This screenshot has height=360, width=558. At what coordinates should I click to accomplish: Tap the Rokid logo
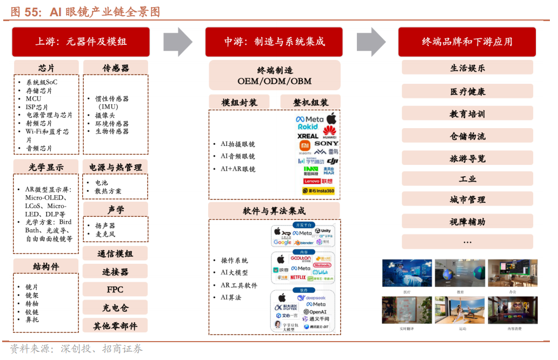pos(308,127)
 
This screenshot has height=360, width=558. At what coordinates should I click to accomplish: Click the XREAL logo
pos(308,136)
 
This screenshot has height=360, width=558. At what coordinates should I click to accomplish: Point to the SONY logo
pos(327,143)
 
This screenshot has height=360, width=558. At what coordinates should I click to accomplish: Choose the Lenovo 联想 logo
pos(318,181)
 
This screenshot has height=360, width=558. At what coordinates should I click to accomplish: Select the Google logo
pos(282,242)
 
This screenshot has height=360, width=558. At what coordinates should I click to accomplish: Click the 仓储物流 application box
pos(467,136)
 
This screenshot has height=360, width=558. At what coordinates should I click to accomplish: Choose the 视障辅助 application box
pos(467,222)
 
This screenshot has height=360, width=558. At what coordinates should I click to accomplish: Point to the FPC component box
pos(115,290)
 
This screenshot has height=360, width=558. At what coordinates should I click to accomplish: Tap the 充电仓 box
pos(115,308)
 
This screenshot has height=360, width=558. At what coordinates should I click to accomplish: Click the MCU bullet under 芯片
pos(33,99)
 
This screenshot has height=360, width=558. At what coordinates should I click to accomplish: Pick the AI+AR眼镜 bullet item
pos(237,169)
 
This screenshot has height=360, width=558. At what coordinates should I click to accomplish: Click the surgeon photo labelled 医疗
pos(407,273)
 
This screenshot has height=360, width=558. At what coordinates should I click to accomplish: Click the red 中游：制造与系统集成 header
pos(275,42)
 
